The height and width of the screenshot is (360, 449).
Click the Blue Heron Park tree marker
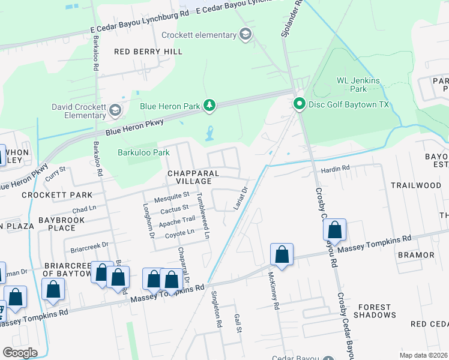(x=209, y=106)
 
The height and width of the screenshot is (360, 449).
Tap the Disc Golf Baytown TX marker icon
(x=299, y=104)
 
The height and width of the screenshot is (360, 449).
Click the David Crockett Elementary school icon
(x=115, y=110)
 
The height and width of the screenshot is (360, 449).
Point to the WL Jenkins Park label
(x=351, y=84)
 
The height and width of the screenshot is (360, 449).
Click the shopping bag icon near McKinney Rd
(x=282, y=254)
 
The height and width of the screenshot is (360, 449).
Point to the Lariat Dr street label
(x=240, y=199)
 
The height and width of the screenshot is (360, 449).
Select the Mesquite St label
(x=172, y=195)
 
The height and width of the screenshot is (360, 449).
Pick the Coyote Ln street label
(x=180, y=233)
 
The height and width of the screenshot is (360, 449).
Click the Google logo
(x=20, y=353)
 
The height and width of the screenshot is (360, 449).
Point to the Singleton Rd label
(x=216, y=309)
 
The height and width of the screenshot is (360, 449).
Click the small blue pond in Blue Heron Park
(x=209, y=133)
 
